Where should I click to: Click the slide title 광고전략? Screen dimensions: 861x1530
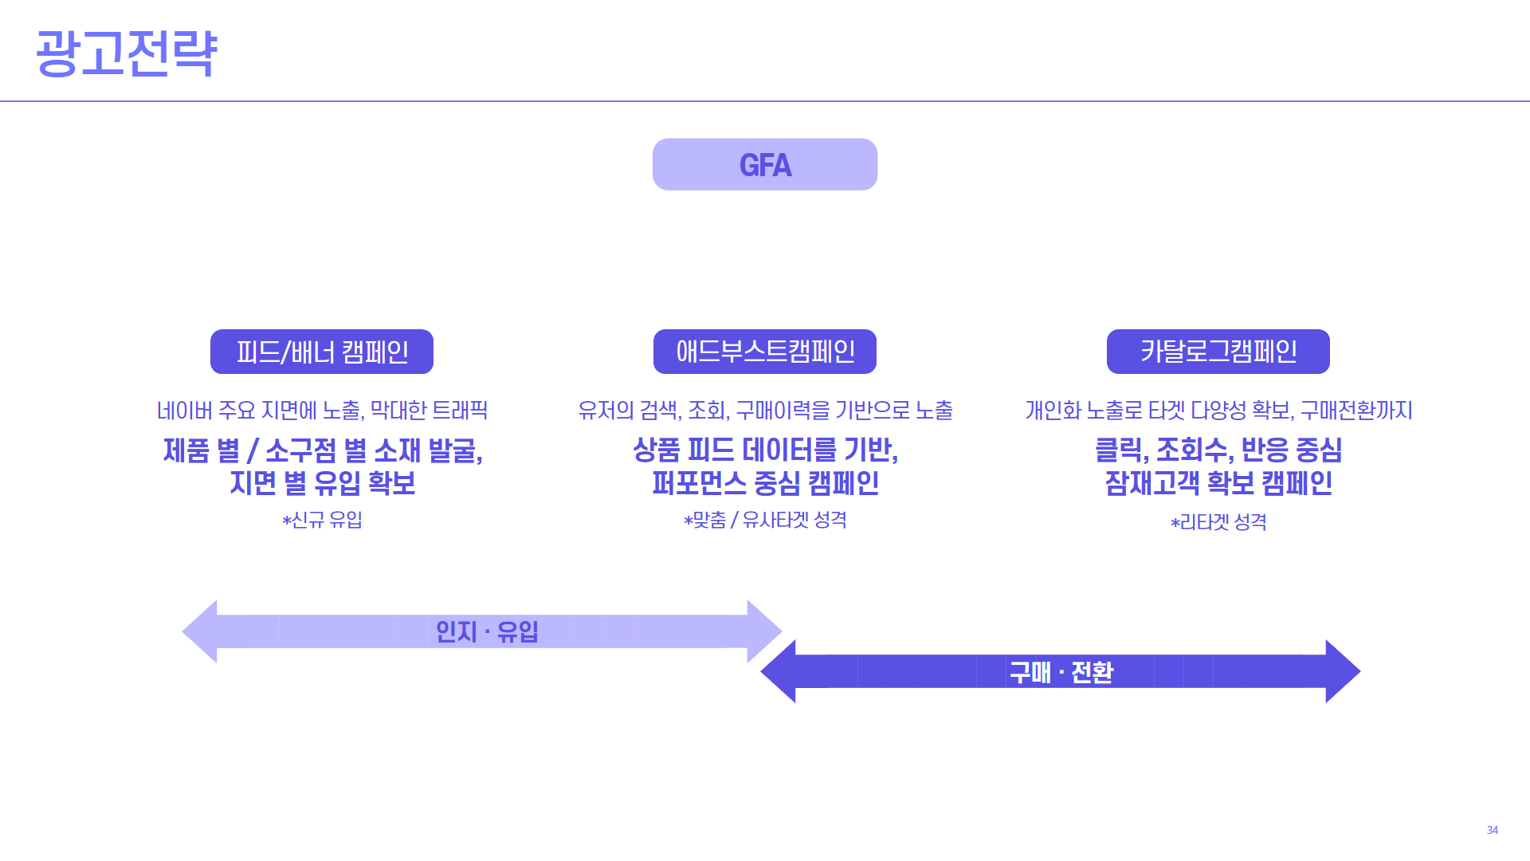click(x=126, y=53)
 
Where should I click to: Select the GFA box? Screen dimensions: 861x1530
click(x=765, y=164)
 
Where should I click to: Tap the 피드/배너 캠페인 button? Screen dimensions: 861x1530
click(x=322, y=352)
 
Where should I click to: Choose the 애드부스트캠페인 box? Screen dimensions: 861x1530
click(x=765, y=352)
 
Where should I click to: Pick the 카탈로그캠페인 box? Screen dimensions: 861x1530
click(x=1218, y=352)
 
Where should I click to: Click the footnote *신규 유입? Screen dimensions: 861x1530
click(x=322, y=520)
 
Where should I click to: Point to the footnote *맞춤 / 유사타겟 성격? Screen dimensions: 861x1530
click(x=765, y=520)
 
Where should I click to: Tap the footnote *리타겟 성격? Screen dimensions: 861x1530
click(x=1218, y=522)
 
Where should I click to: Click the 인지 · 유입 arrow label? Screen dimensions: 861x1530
click(x=486, y=631)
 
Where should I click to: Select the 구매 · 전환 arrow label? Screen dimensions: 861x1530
click(x=1061, y=672)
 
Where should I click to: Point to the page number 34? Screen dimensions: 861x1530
click(x=1492, y=830)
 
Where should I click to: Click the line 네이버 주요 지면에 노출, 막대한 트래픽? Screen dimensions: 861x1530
click(x=322, y=410)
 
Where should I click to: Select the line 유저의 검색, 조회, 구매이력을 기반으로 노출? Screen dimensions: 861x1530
click(x=765, y=410)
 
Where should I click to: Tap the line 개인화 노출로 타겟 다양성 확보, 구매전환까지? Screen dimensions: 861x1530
click(x=1218, y=410)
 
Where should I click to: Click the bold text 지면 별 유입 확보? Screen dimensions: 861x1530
click(x=322, y=483)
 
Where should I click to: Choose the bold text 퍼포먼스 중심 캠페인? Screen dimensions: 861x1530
click(x=765, y=483)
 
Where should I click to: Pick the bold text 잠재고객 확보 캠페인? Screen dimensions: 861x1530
click(x=1218, y=483)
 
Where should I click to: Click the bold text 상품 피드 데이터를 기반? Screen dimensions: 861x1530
click(x=765, y=450)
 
